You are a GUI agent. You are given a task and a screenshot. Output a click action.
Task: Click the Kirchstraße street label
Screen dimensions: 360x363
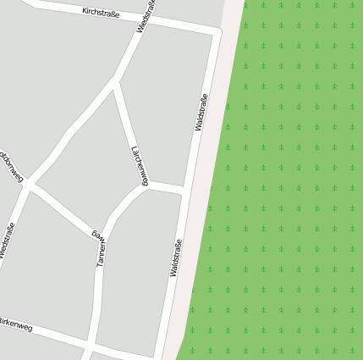coord(101,14)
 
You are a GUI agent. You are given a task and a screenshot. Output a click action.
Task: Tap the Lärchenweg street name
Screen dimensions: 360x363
coord(140,165)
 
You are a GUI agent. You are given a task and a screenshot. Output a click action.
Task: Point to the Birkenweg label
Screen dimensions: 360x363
coord(15,324)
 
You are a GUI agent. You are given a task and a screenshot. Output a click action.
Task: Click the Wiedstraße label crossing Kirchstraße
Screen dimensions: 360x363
coord(146,16)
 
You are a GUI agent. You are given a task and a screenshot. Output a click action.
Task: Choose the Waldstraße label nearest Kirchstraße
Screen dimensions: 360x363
coord(201,112)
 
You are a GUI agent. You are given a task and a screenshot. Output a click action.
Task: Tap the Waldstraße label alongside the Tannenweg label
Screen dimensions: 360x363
coord(176,259)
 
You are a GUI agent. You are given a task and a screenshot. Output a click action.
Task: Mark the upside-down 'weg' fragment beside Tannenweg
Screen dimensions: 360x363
coord(96,228)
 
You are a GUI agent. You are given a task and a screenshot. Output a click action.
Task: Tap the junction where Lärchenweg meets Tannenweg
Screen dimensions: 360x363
coord(147,186)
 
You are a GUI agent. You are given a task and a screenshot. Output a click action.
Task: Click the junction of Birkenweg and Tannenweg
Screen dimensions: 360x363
coord(89,346)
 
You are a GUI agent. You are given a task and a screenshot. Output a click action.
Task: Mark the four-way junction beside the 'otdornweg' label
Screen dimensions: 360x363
coord(30,184)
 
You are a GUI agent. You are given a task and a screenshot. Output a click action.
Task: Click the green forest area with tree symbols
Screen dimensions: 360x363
coord(288,186)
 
